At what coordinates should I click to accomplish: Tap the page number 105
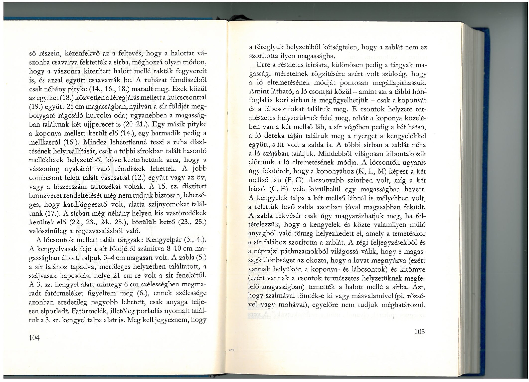(x=420, y=331)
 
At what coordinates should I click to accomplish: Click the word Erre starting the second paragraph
(x=263, y=65)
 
